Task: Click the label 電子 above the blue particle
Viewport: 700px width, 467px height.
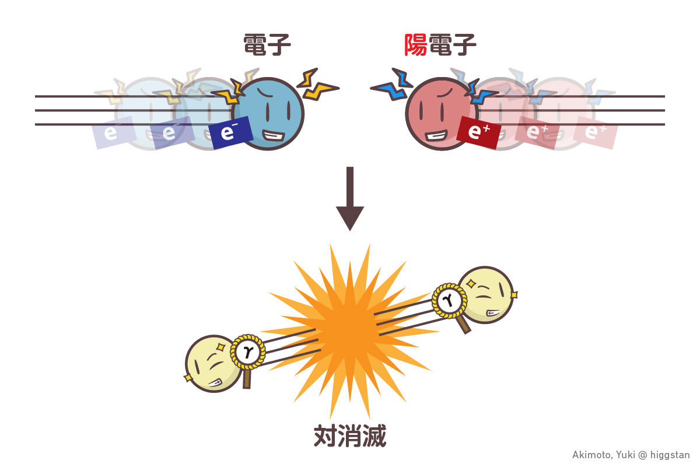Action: click(x=267, y=45)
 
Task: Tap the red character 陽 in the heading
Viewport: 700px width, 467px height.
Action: click(x=416, y=45)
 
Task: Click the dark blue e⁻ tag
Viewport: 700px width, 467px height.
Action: click(x=232, y=133)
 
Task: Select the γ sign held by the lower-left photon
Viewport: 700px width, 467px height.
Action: click(x=247, y=351)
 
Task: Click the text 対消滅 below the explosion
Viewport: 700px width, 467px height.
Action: click(x=349, y=435)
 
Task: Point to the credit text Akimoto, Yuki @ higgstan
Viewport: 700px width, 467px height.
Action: click(x=631, y=455)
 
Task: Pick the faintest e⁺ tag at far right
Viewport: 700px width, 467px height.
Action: click(x=594, y=133)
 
